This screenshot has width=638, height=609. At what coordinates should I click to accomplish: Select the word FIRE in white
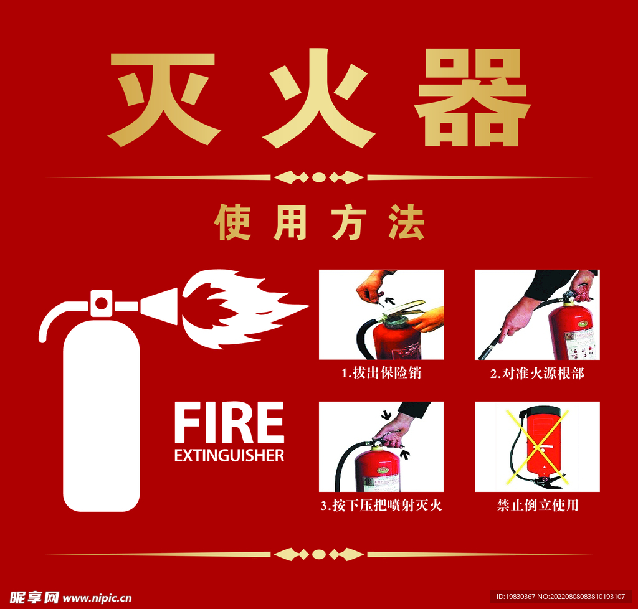pyautogui.click(x=229, y=423)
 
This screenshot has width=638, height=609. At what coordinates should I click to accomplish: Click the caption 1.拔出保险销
pyautogui.click(x=381, y=374)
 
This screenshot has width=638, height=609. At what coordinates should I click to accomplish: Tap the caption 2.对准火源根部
pyautogui.click(x=537, y=374)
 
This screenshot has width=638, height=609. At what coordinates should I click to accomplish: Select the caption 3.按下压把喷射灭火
pyautogui.click(x=381, y=506)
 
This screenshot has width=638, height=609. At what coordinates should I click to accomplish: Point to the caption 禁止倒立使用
pyautogui.click(x=537, y=506)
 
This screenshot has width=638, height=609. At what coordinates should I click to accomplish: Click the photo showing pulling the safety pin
pyautogui.click(x=381, y=314)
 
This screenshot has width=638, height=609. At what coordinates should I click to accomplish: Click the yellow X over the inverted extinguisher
pyautogui.click(x=537, y=446)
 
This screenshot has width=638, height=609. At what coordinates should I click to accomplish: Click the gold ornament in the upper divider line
pyautogui.click(x=319, y=177)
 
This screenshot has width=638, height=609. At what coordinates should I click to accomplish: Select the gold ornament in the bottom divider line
pyautogui.click(x=319, y=554)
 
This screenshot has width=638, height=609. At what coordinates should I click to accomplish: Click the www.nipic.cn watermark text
pyautogui.click(x=97, y=598)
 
